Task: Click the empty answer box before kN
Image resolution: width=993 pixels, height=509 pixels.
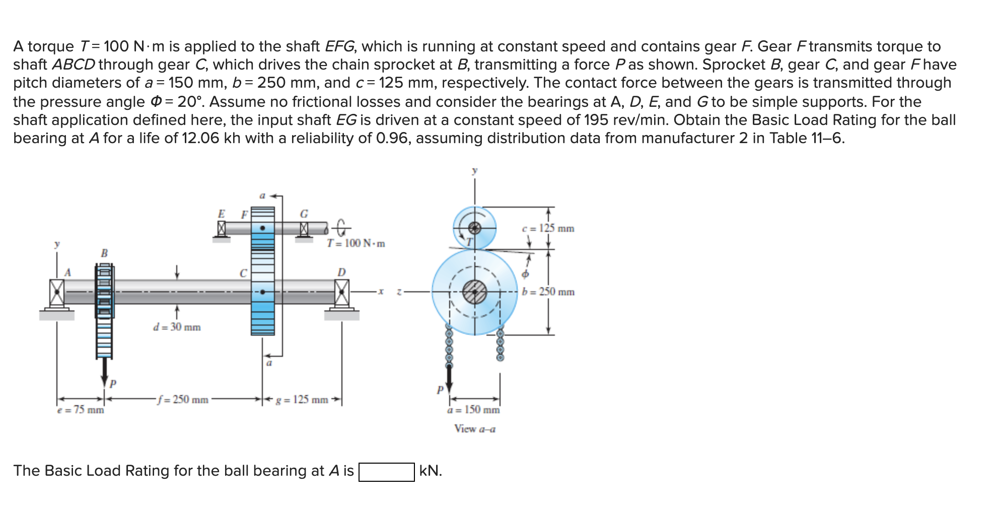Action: click(x=386, y=472)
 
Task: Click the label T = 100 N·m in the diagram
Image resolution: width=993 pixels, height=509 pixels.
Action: click(x=356, y=243)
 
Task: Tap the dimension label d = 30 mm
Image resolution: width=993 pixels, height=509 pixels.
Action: click(x=177, y=327)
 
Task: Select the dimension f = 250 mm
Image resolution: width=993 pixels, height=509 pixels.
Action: click(x=182, y=400)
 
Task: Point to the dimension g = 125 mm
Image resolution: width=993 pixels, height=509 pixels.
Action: click(x=302, y=400)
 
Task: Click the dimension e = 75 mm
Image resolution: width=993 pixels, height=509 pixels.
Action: click(x=81, y=410)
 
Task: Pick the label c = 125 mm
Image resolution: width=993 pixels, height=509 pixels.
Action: click(x=548, y=228)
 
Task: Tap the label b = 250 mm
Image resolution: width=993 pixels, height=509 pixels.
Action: click(x=548, y=292)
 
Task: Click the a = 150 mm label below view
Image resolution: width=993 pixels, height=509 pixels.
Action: click(x=473, y=410)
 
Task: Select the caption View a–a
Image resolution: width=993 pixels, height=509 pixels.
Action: click(x=474, y=429)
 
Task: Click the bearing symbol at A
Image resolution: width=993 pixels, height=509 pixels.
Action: click(x=57, y=292)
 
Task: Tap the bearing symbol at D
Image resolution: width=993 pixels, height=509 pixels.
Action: click(x=342, y=292)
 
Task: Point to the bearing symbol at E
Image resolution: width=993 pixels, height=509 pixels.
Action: click(x=221, y=229)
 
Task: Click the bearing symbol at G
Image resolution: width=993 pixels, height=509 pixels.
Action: click(x=304, y=229)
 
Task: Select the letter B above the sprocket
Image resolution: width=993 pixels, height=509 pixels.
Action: click(x=104, y=253)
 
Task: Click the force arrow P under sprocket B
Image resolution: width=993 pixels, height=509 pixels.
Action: click(x=105, y=373)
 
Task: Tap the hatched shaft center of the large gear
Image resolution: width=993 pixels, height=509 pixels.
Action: click(x=474, y=292)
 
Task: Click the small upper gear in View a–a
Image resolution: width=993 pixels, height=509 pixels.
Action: click(x=474, y=228)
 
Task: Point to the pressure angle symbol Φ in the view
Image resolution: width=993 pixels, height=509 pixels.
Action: click(x=525, y=274)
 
